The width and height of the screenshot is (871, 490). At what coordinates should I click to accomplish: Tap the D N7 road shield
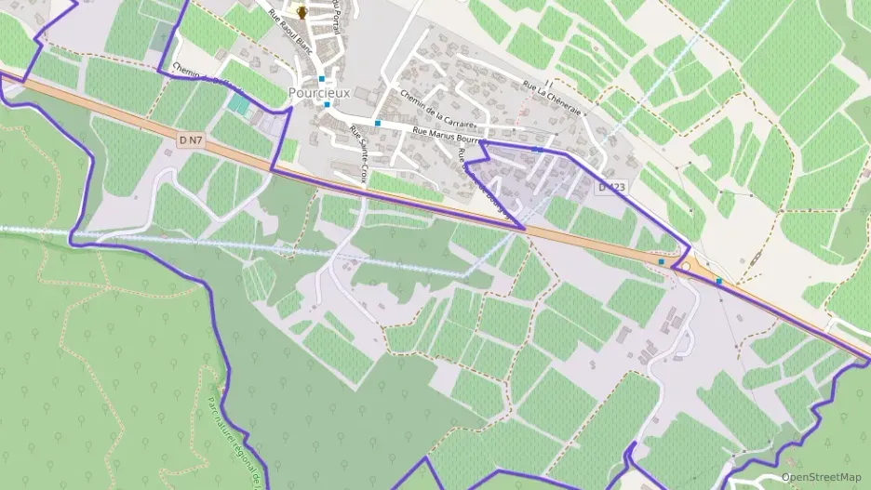pyautogui.click(x=190, y=139)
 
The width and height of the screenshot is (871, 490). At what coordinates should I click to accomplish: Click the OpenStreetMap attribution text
pyautogui.click(x=821, y=477)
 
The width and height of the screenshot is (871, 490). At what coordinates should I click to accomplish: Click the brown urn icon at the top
pyautogui.click(x=301, y=11)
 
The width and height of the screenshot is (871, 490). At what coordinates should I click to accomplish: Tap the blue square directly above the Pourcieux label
pyautogui.click(x=321, y=79)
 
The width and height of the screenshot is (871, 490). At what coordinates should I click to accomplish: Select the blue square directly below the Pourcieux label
pyautogui.click(x=327, y=105)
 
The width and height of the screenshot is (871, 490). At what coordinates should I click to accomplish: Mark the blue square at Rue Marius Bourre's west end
pyautogui.click(x=378, y=123)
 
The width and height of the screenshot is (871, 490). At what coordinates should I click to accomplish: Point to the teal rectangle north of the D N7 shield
pyautogui.click(x=239, y=105)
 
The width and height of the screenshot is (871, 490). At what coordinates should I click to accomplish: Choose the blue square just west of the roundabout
pyautogui.click(x=661, y=262)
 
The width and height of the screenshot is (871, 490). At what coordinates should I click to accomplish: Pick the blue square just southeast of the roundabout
pyautogui.click(x=718, y=281)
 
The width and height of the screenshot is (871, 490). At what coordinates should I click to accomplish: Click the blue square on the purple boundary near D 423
pyautogui.click(x=537, y=149)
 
